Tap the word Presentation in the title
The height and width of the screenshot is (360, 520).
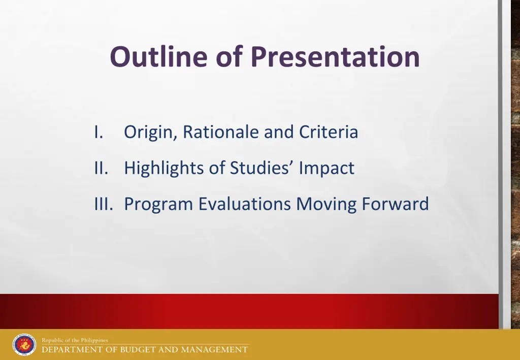335,56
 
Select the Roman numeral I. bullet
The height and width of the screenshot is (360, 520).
99,132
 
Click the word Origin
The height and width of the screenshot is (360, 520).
151,133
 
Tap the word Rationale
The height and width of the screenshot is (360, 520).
221,132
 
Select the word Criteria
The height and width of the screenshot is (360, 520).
328,132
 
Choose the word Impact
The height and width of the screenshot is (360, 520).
327,168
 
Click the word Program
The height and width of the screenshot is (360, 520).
158,205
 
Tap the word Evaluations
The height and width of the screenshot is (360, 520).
245,204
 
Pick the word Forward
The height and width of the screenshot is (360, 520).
395,204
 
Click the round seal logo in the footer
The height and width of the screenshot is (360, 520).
24,345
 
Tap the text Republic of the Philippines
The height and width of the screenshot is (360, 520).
75,340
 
